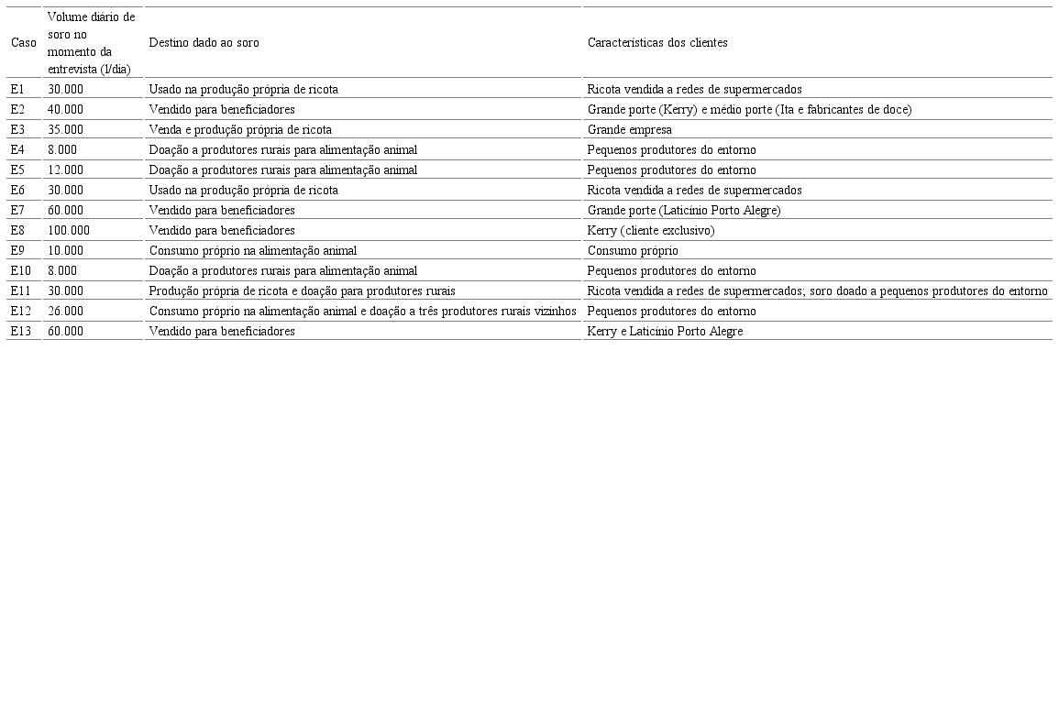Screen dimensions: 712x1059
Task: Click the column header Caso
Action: click(24, 43)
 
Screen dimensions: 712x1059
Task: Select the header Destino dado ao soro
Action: click(204, 43)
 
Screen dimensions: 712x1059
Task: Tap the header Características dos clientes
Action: click(657, 43)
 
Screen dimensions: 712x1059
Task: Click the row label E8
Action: click(17, 231)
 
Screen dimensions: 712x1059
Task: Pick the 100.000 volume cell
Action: click(69, 231)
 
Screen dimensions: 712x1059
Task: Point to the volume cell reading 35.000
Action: click(65, 130)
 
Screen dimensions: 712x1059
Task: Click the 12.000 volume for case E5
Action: click(65, 170)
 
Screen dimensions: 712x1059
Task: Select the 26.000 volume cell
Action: click(65, 312)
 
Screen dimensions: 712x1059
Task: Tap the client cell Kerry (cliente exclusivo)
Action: click(650, 231)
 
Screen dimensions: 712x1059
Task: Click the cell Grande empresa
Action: click(629, 130)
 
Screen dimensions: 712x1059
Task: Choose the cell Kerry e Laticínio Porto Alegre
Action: click(665, 332)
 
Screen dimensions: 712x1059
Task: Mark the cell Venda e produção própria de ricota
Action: click(240, 130)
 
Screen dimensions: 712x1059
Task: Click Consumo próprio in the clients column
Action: click(633, 251)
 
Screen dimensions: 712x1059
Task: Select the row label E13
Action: click(20, 332)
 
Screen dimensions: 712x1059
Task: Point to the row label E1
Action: click(17, 90)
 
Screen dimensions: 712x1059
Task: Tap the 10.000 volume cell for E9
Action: click(65, 251)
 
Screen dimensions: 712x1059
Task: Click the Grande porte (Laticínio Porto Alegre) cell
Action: click(683, 211)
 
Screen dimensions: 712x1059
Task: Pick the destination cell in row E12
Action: click(362, 312)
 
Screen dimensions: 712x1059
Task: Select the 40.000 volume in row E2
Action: click(65, 110)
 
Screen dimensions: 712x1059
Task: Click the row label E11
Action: click(20, 291)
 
